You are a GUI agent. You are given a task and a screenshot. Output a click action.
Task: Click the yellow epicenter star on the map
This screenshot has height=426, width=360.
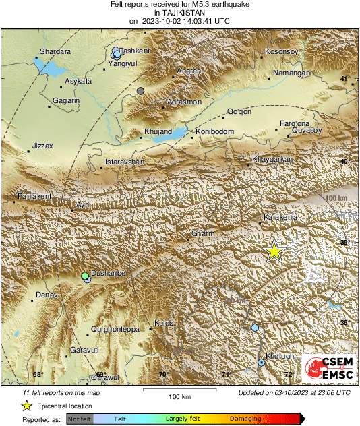(x=274, y=251)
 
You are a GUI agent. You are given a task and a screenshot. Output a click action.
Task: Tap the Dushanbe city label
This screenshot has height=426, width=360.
(x=107, y=273)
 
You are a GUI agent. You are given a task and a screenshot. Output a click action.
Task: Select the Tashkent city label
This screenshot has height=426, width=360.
(x=138, y=51)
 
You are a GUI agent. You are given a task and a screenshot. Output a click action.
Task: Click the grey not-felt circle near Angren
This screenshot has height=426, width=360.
(x=140, y=91)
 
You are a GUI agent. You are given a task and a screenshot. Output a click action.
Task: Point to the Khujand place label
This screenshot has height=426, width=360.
(x=158, y=131)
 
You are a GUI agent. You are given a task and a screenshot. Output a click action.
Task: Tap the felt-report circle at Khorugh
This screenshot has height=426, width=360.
(x=262, y=363)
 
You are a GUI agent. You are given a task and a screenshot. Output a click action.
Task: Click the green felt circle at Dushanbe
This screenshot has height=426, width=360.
(x=85, y=276)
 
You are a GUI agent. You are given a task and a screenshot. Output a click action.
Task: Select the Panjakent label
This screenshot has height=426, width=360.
(x=31, y=196)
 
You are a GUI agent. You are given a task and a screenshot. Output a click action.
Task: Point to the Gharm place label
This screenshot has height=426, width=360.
(x=203, y=233)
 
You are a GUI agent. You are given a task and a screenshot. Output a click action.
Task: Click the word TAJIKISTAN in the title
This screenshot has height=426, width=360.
(x=179, y=13)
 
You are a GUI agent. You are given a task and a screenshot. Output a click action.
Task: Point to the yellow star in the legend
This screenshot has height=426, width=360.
(x=27, y=406)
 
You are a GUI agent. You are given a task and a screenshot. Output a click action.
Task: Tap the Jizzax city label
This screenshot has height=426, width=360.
(x=42, y=146)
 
